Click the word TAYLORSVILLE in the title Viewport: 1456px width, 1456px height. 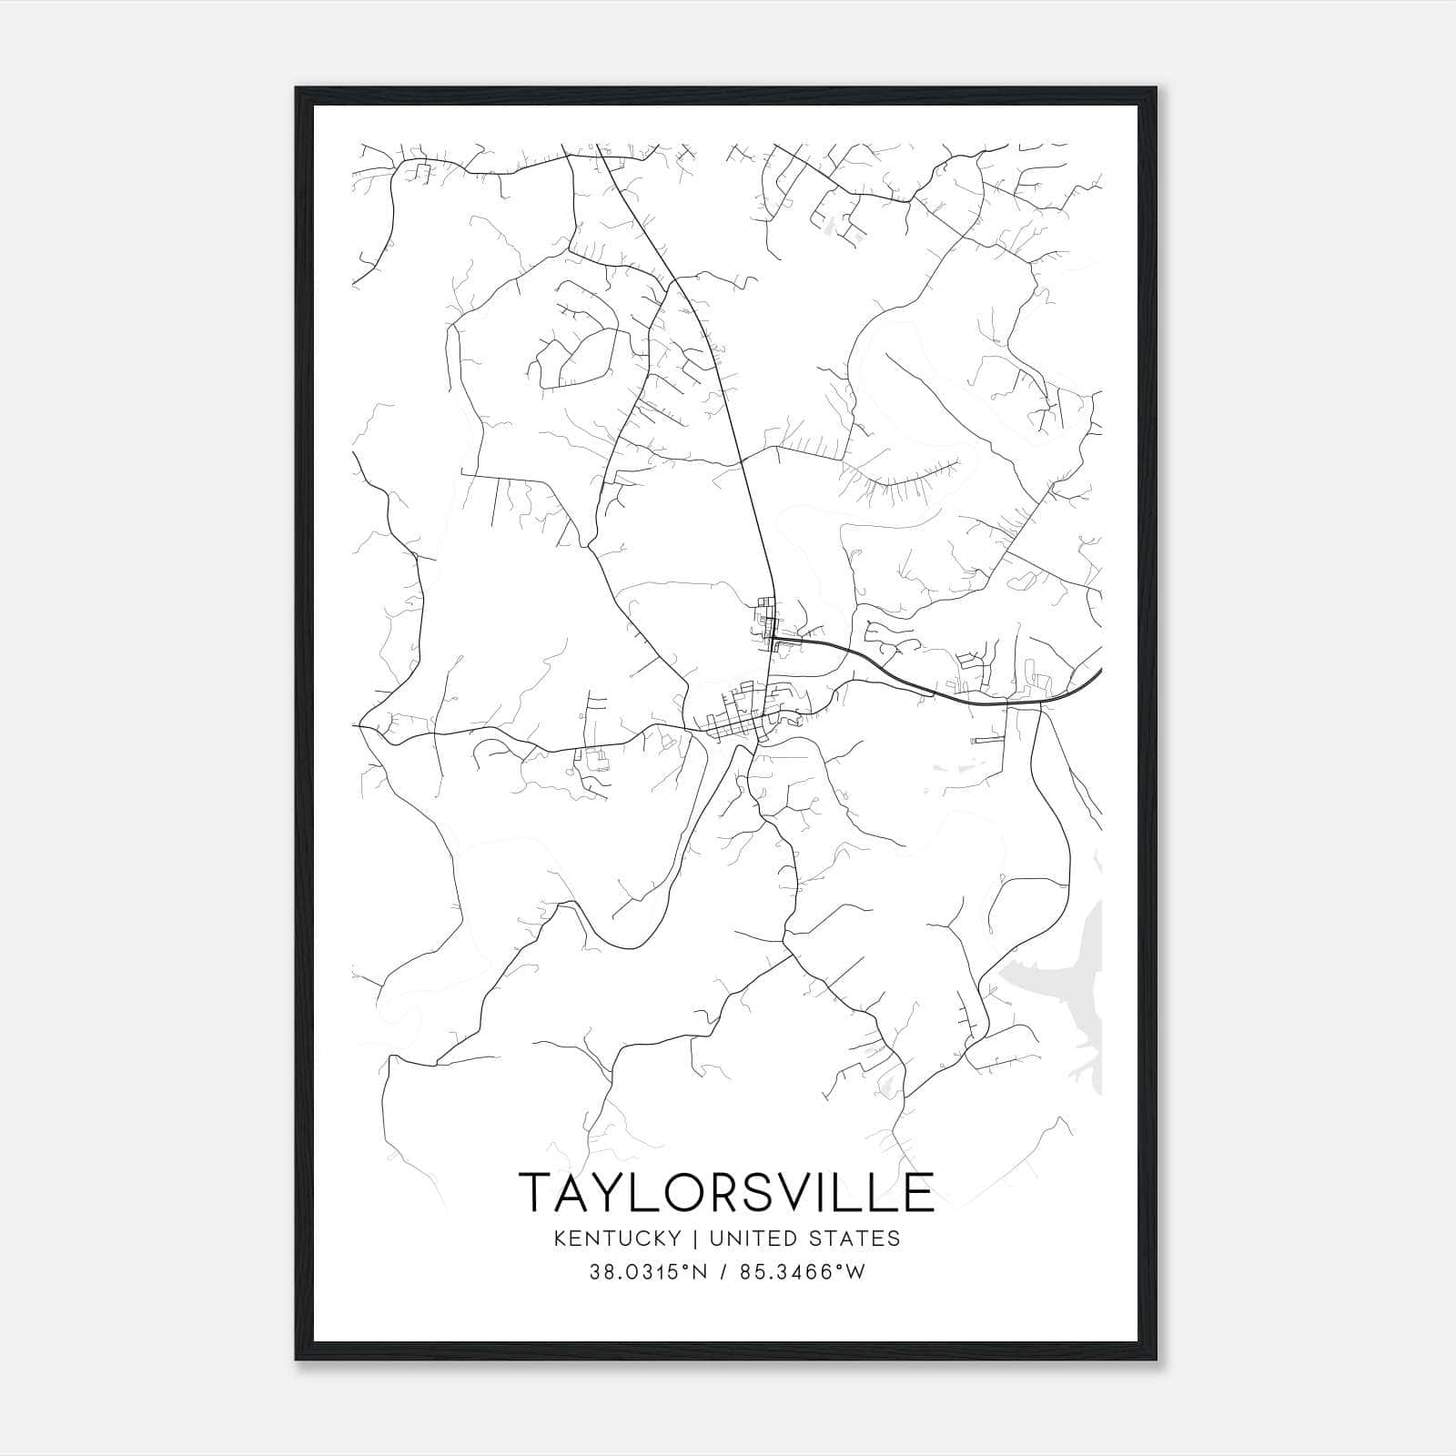pos(726,1192)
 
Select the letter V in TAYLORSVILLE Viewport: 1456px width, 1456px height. pos(773,1192)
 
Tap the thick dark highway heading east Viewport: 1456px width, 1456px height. pos(965,699)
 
